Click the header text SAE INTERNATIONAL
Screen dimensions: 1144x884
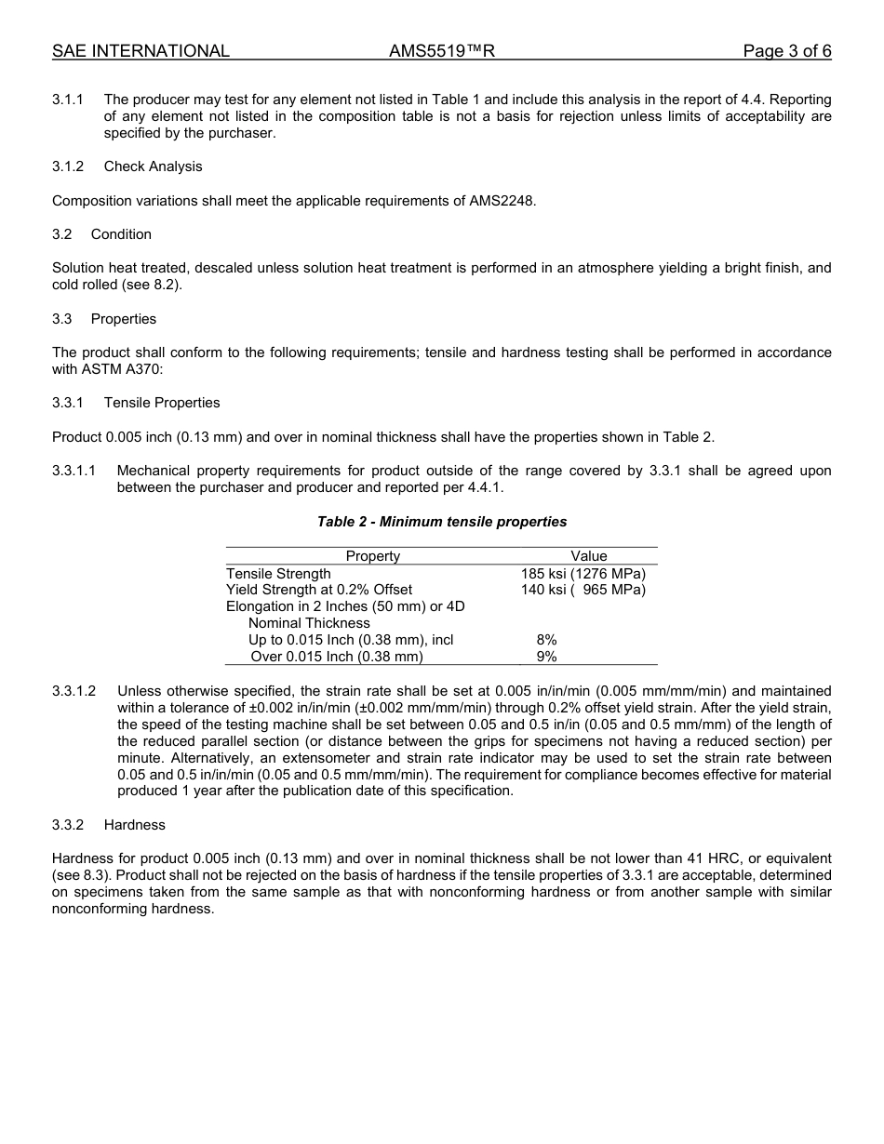point(141,51)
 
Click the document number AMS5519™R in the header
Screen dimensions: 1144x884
point(441,51)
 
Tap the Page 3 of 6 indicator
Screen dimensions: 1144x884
point(786,51)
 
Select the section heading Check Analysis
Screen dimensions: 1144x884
point(153,166)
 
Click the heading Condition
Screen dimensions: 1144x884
point(121,234)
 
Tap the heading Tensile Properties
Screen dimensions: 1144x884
point(162,403)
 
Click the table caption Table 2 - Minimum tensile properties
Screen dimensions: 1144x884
point(442,522)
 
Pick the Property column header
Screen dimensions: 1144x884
point(373,556)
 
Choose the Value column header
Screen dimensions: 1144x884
point(589,556)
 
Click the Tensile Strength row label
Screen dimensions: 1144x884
point(278,573)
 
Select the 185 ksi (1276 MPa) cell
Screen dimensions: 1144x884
point(583,573)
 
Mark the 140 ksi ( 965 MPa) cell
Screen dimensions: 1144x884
point(583,590)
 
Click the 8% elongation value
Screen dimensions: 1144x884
point(546,640)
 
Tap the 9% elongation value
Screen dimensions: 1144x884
point(546,657)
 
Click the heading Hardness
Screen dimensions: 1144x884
point(135,825)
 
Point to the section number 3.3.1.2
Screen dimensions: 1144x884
point(74,691)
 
